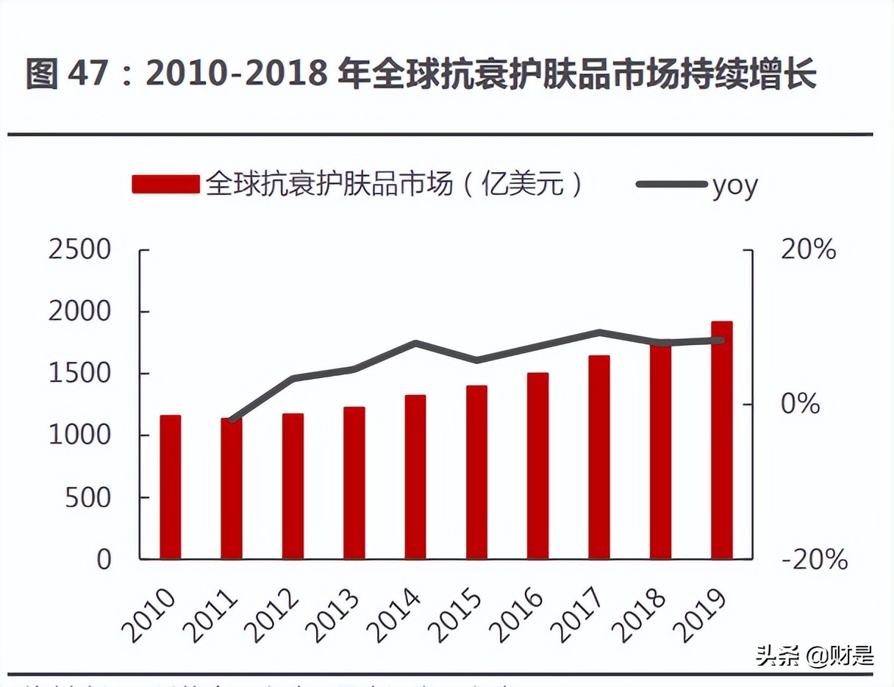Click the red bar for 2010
171,487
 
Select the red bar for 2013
354,483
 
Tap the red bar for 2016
537,466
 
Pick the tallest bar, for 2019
721,440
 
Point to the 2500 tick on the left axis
79,250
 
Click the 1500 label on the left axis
79,373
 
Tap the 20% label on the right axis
808,250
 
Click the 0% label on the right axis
800,404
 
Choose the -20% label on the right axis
814,560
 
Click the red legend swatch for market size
165,184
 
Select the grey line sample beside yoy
670,184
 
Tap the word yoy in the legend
734,185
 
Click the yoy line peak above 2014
415,343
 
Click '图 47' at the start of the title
67,75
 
